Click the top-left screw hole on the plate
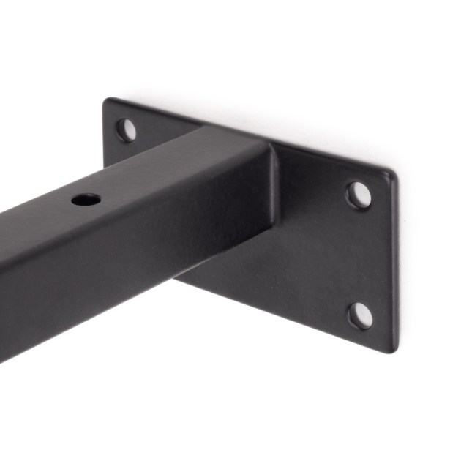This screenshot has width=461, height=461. click(x=127, y=130)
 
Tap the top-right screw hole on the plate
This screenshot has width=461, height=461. click(x=358, y=195)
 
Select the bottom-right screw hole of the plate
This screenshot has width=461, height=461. click(x=359, y=315)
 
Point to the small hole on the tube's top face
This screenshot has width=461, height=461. click(x=86, y=198)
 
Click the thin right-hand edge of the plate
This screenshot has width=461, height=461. click(x=395, y=263)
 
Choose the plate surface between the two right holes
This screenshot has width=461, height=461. click(x=359, y=256)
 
